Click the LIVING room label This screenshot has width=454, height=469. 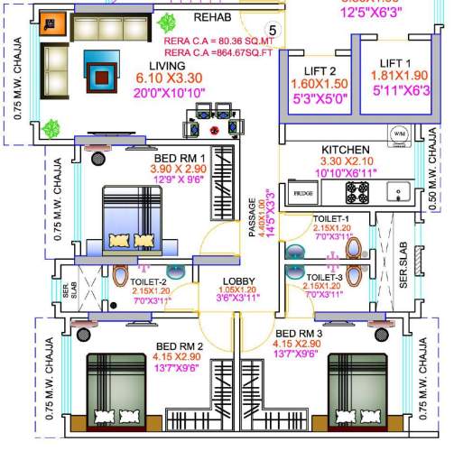point(167,65)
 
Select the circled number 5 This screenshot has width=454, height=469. point(273,31)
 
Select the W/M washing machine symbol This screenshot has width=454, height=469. point(398,135)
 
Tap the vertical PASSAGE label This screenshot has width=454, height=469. point(253,218)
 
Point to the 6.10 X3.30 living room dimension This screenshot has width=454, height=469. point(169,78)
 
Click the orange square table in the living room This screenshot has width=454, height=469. point(53,25)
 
